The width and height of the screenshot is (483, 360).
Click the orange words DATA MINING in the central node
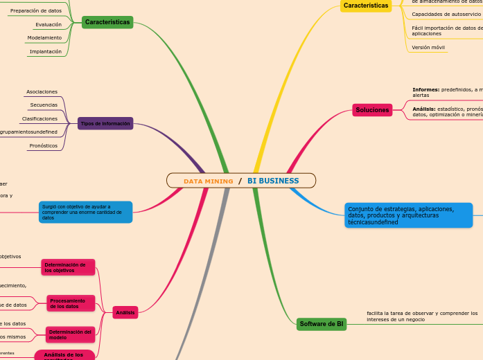click(208, 181)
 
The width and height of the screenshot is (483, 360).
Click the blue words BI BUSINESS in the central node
click(273, 181)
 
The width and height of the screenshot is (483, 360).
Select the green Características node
click(107, 22)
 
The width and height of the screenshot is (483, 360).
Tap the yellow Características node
click(366, 6)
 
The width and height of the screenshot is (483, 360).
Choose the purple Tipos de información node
click(105, 124)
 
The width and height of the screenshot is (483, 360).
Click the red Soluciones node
click(372, 110)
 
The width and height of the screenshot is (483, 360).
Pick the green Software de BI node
click(322, 324)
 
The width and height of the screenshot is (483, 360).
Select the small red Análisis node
click(125, 313)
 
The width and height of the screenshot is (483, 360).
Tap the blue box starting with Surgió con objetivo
click(86, 212)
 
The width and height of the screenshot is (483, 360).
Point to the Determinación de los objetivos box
click(68, 267)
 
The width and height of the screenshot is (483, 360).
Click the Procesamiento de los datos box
click(70, 303)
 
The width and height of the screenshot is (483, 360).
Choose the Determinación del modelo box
click(70, 334)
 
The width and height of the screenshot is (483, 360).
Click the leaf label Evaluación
click(49, 24)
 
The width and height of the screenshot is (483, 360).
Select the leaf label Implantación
click(46, 51)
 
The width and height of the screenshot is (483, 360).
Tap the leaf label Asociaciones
click(42, 91)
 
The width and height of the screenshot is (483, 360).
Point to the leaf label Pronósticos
click(44, 146)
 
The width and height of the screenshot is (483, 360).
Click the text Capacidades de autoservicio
click(446, 14)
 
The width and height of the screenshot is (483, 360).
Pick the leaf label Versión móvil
click(428, 48)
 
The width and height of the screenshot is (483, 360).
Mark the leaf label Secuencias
click(44, 105)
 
